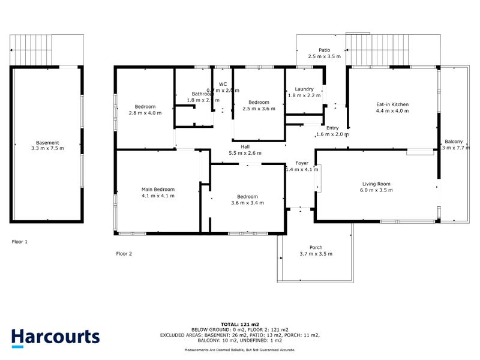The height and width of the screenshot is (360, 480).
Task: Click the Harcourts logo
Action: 55,337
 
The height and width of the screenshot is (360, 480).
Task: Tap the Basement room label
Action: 47,143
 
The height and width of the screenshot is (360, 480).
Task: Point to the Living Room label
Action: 376,184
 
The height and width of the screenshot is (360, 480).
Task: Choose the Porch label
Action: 316,248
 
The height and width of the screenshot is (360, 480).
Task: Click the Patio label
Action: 324,50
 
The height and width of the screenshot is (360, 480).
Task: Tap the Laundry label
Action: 304,89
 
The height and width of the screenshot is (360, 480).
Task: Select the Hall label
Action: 245,146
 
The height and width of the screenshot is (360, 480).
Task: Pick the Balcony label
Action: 454,142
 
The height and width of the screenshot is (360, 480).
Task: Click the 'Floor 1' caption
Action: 20,242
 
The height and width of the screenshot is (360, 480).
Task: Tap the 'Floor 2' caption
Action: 124,254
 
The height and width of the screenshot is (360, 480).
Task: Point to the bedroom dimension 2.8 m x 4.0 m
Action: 145,113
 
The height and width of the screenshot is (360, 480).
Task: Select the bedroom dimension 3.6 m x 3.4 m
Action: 247,203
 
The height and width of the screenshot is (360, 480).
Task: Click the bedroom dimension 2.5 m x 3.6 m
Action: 259,109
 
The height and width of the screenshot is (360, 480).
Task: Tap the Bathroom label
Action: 203,94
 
